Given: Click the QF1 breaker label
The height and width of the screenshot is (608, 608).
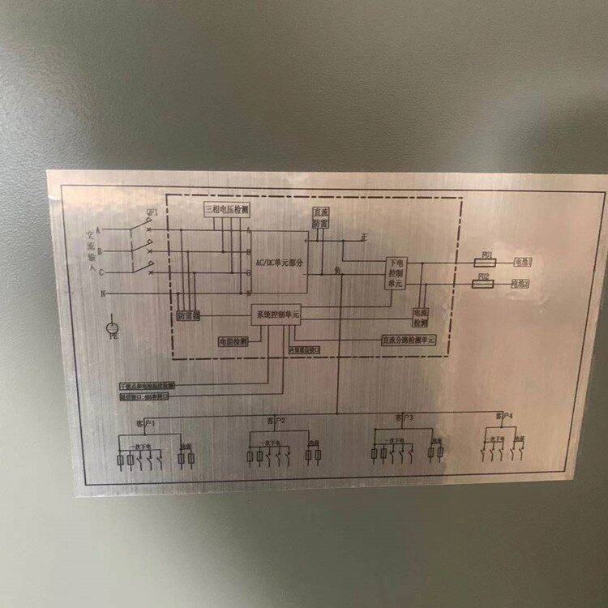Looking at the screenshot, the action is click(151, 212).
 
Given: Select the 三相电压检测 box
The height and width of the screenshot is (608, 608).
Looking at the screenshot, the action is click(225, 209).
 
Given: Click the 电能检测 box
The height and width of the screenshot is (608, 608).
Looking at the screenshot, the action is click(233, 342).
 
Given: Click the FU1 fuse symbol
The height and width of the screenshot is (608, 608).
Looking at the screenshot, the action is click(486, 263).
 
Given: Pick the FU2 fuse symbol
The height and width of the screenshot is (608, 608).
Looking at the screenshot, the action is click(485, 284).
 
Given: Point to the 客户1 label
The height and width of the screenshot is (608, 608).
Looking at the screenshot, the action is click(144, 424).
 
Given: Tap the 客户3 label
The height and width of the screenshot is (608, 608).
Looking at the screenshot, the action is click(405, 418).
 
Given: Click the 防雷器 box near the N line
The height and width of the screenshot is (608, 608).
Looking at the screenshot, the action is click(189, 316).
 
